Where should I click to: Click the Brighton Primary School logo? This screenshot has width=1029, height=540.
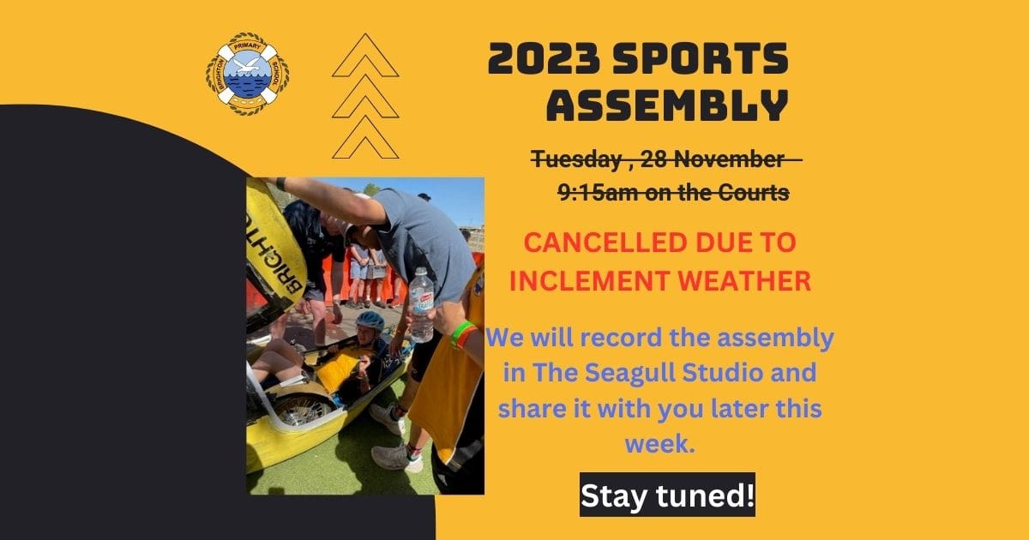247,74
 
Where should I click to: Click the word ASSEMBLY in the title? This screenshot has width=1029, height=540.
667,105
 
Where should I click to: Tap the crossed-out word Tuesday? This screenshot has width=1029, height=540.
576,160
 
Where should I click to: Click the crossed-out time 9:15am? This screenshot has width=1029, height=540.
597,193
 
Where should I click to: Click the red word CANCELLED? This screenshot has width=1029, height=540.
606,243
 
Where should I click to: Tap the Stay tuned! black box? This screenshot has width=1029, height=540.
667,495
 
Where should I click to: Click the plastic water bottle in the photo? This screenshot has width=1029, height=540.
421,304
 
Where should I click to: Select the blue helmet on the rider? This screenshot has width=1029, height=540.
370,320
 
